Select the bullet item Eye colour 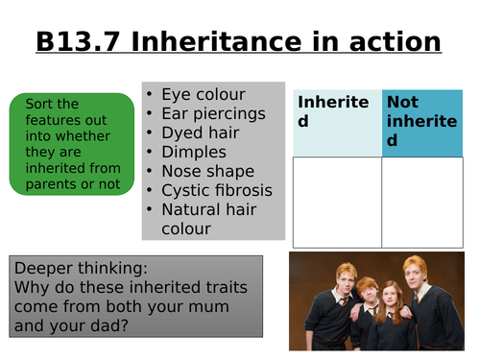tap(204, 94)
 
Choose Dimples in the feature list tap(194, 152)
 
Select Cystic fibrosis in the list tap(216, 190)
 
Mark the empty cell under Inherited tap(336, 201)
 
